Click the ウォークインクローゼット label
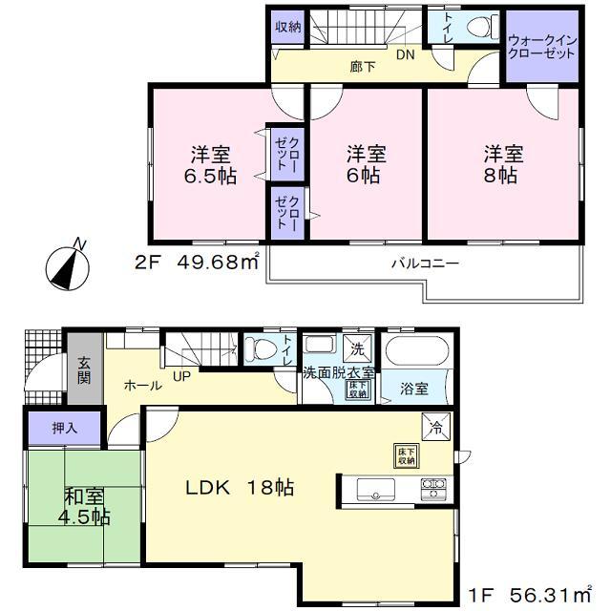click(541, 47)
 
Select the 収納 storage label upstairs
click(287, 28)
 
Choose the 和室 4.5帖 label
click(87, 506)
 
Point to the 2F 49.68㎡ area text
click(203, 263)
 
